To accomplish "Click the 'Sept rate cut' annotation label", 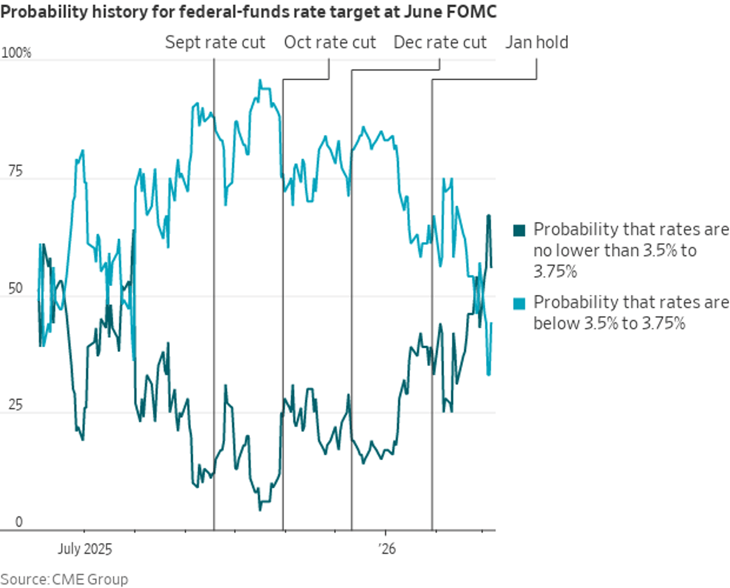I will point(215,43).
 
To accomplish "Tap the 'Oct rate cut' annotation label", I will point(330,43).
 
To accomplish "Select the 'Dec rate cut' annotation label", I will point(440,43).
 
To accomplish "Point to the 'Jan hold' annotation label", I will point(537,43).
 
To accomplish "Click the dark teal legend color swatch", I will point(519,230).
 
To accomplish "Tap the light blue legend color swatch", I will point(519,303).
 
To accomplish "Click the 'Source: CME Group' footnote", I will point(64,579).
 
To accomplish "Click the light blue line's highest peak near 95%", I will point(260,80).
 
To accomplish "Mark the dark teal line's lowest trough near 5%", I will point(260,509).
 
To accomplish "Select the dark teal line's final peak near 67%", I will point(488,216).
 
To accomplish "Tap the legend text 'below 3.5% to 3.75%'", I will point(610,323).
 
